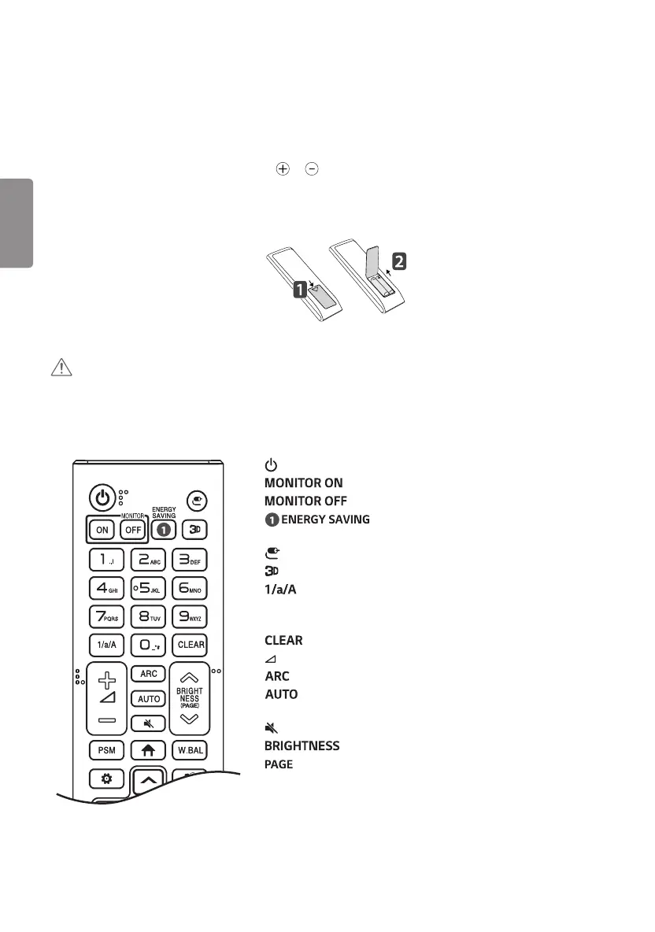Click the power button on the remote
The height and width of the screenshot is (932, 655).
pos(102,497)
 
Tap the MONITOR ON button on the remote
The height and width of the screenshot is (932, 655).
pos(102,530)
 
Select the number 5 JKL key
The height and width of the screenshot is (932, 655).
pos(148,587)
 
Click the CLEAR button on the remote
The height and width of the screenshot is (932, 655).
pos(191,644)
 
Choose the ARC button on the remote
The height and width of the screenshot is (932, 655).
pos(148,673)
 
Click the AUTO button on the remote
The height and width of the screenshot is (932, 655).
pos(148,699)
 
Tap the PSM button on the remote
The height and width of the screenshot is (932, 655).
pos(106,750)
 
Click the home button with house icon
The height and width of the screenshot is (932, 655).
pos(149,750)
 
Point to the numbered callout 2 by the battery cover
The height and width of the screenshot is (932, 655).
pos(400,262)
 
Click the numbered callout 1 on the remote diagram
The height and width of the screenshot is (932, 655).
pos(300,290)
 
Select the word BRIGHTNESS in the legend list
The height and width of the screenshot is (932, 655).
pos(302,745)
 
